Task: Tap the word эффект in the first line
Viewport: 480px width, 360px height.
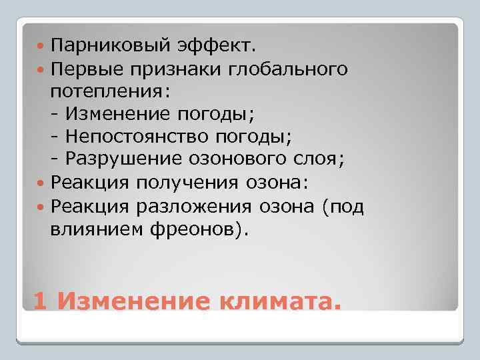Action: coord(203,47)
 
